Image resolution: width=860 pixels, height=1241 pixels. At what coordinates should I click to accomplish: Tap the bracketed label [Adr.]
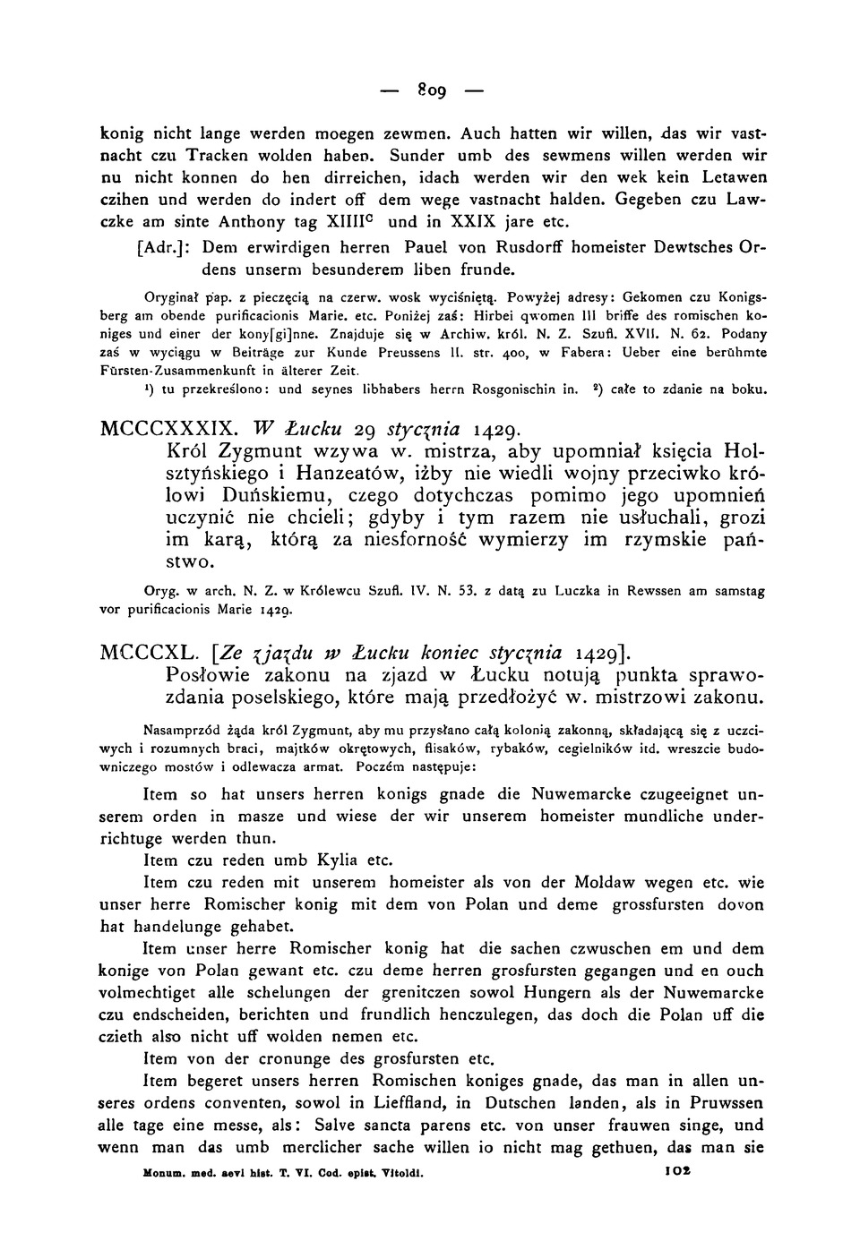pyautogui.click(x=167, y=245)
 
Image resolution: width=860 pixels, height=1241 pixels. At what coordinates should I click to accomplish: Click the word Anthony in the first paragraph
pyautogui.click(x=264, y=220)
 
